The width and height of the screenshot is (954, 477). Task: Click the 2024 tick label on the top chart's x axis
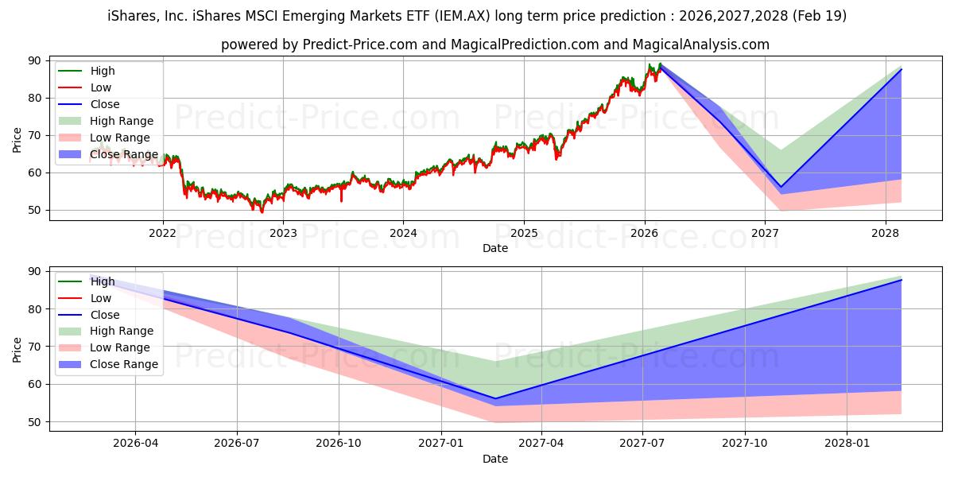(403, 233)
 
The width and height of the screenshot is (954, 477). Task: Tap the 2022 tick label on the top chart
(163, 233)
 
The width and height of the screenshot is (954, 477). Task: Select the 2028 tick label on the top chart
(885, 233)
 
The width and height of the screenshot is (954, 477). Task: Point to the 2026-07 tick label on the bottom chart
(237, 444)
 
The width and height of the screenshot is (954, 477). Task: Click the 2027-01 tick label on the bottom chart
(440, 444)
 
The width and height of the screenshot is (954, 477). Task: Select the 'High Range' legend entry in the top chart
(122, 121)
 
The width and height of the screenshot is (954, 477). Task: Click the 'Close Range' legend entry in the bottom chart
(124, 364)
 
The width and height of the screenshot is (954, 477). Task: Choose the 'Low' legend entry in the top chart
(101, 87)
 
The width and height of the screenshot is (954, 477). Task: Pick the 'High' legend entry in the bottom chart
(102, 281)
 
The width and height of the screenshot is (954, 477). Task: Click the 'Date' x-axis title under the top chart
(494, 248)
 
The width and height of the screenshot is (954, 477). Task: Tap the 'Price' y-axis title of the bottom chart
(17, 349)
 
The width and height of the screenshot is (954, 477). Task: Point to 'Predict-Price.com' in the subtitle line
(359, 45)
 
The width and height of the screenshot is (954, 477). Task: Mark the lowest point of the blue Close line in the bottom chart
(494, 398)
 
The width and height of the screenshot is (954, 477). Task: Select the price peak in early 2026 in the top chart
(659, 64)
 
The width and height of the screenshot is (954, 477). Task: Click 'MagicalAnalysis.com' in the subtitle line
(700, 45)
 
